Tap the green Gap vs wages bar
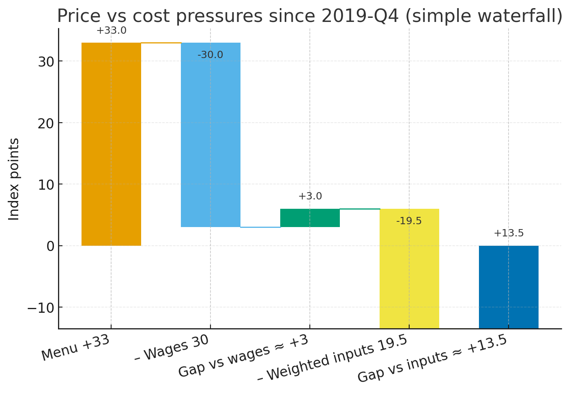[310, 218]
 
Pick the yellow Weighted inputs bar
[409, 268]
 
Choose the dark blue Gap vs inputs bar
[509, 287]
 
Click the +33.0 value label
[111, 30]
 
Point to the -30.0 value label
[210, 55]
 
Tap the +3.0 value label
[310, 196]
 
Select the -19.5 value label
[409, 221]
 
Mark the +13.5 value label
[509, 233]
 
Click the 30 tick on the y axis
[46, 62]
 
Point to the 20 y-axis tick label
[46, 123]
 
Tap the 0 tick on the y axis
[50, 246]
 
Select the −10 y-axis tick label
[41, 307]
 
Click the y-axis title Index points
[14, 179]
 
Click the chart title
[309, 16]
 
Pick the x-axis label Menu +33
[76, 348]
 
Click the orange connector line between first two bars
[161, 43]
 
